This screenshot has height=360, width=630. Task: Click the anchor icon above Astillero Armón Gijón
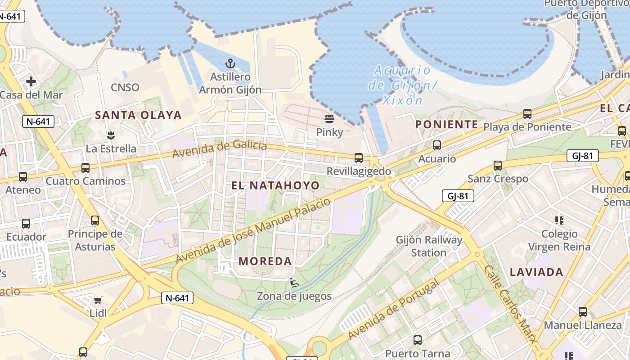230,63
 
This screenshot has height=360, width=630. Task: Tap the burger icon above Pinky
329,119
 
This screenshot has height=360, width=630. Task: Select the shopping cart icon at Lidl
98,300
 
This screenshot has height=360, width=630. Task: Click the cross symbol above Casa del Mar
31,81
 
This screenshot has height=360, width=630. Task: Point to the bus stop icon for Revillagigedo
359,158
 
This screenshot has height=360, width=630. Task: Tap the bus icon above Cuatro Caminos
85,168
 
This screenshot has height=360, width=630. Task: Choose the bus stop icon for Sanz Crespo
498,166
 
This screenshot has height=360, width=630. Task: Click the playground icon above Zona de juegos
294,283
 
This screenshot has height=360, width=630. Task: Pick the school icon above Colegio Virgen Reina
559,220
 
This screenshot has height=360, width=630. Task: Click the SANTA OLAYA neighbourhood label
138,115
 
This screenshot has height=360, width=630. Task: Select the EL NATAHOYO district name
275,185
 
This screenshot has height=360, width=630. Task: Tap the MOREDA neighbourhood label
265,261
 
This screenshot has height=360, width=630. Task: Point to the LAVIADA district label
537,272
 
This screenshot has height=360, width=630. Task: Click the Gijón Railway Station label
429,246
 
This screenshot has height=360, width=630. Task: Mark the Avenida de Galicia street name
220,148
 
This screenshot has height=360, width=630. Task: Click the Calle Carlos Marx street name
510,304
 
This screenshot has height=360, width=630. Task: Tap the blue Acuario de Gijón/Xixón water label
402,85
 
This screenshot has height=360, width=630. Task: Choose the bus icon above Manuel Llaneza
583,312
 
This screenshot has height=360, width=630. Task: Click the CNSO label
125,87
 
